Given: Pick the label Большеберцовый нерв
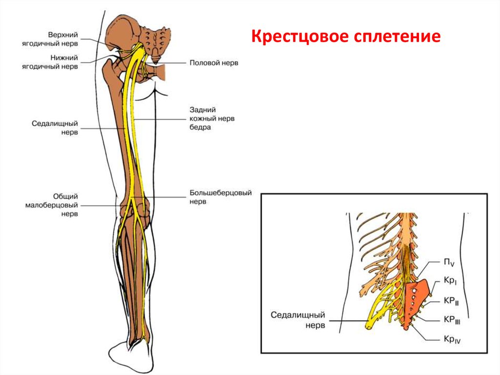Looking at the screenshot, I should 220,197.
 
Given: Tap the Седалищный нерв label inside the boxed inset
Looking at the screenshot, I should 298,320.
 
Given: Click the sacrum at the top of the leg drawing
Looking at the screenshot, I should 155,42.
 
